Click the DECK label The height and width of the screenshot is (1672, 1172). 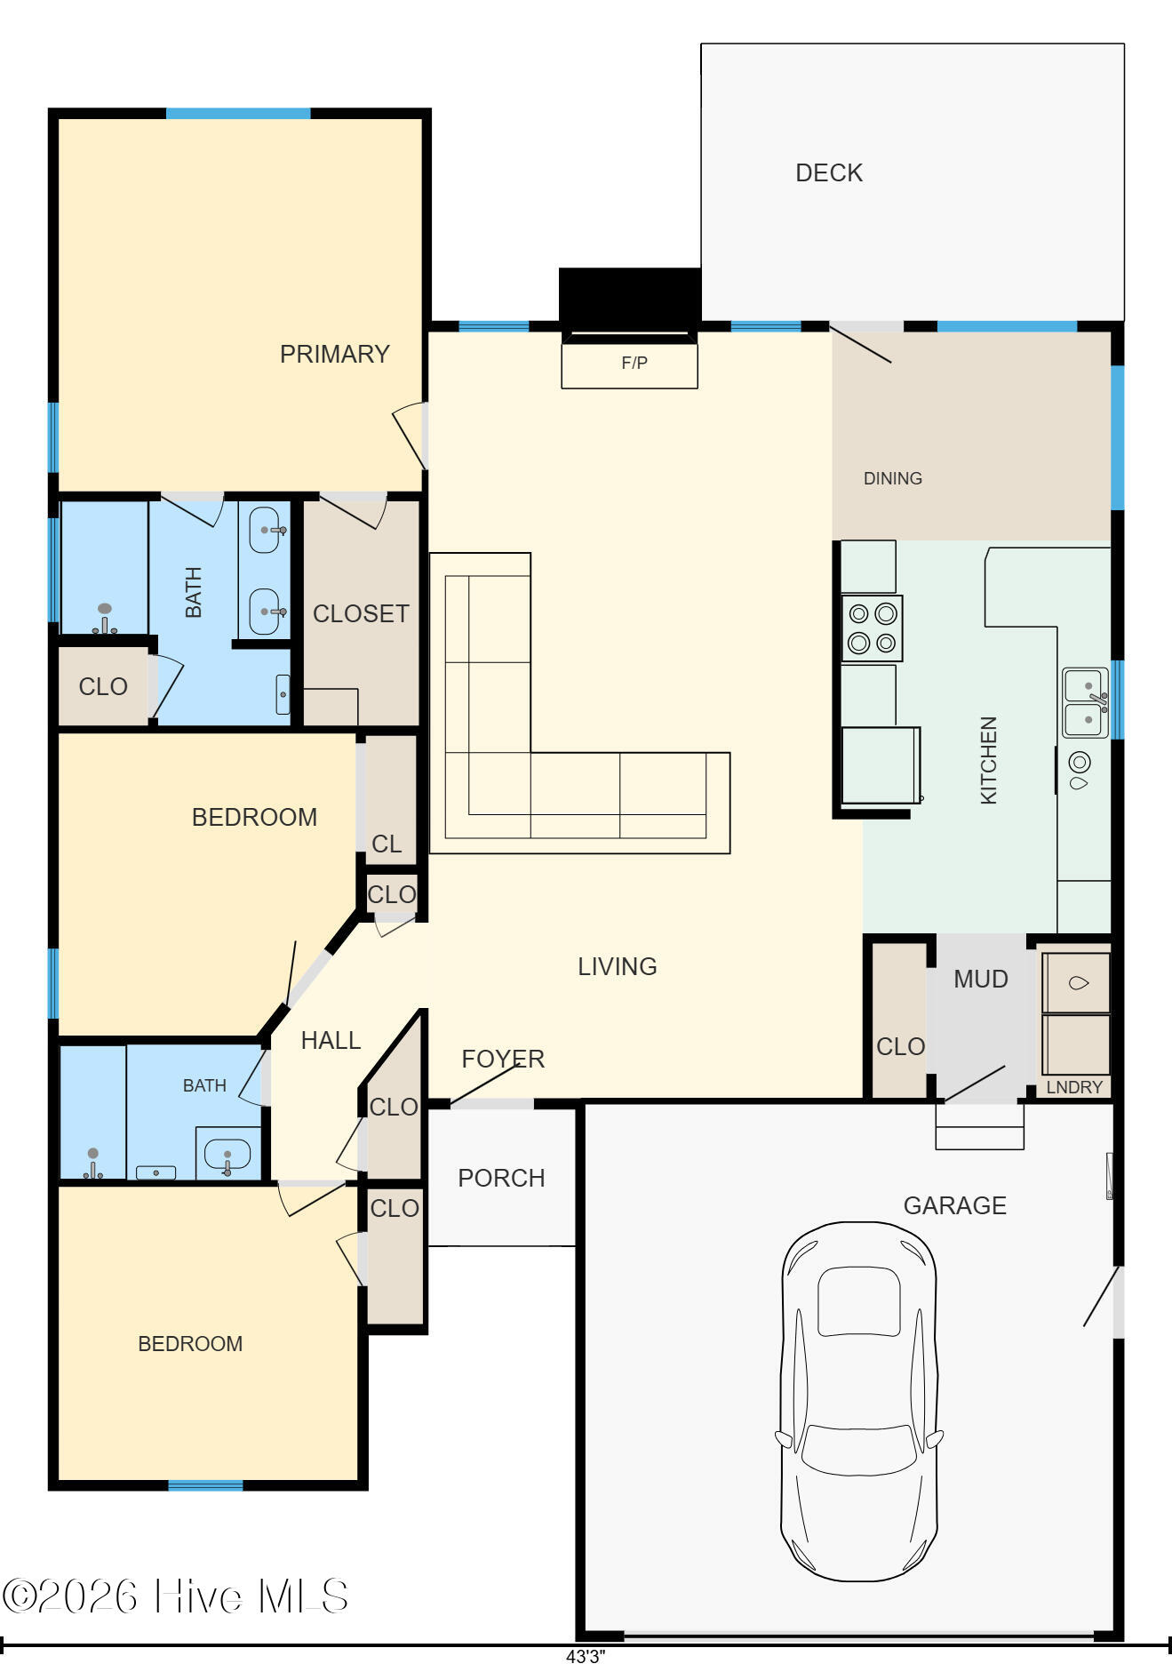(x=829, y=172)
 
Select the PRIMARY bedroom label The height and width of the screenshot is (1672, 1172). (x=335, y=354)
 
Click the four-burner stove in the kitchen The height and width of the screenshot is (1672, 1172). (x=873, y=628)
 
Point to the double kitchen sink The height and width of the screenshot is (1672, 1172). (x=1086, y=703)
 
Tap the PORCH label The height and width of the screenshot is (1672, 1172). (x=501, y=1178)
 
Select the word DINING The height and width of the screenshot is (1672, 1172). (x=893, y=478)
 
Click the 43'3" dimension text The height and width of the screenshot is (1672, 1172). (x=586, y=1657)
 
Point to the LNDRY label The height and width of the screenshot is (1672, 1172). (x=1074, y=1087)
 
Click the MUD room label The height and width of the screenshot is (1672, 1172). (x=981, y=979)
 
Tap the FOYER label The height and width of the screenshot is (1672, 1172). (x=503, y=1059)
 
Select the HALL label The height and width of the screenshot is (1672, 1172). (x=331, y=1040)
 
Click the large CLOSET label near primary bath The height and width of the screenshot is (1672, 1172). (x=361, y=613)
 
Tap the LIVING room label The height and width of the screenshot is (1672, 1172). (x=618, y=966)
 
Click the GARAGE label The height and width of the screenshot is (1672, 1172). (x=955, y=1205)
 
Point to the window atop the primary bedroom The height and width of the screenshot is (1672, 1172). (x=238, y=114)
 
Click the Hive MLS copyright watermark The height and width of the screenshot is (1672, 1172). (x=175, y=1596)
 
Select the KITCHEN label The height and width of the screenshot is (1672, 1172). (x=988, y=760)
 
